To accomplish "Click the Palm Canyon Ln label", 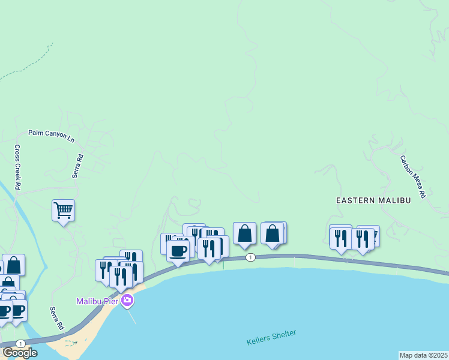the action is click(52, 136).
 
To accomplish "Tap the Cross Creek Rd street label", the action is click(18, 167).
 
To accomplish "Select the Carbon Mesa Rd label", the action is click(413, 177).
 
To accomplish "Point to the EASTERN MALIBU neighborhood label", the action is click(373, 200).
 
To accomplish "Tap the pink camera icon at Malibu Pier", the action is click(127, 301).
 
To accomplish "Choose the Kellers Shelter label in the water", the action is click(271, 338).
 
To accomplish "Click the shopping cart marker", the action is click(63, 211).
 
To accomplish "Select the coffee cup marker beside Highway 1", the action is click(178, 251).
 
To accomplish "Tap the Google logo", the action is click(20, 353).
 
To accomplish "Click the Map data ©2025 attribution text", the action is click(424, 355).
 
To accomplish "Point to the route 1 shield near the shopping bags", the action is click(251, 257).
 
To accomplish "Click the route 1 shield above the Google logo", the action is click(21, 343).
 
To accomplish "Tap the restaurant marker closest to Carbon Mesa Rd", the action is click(363, 239).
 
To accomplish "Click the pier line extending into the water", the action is click(131, 315).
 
